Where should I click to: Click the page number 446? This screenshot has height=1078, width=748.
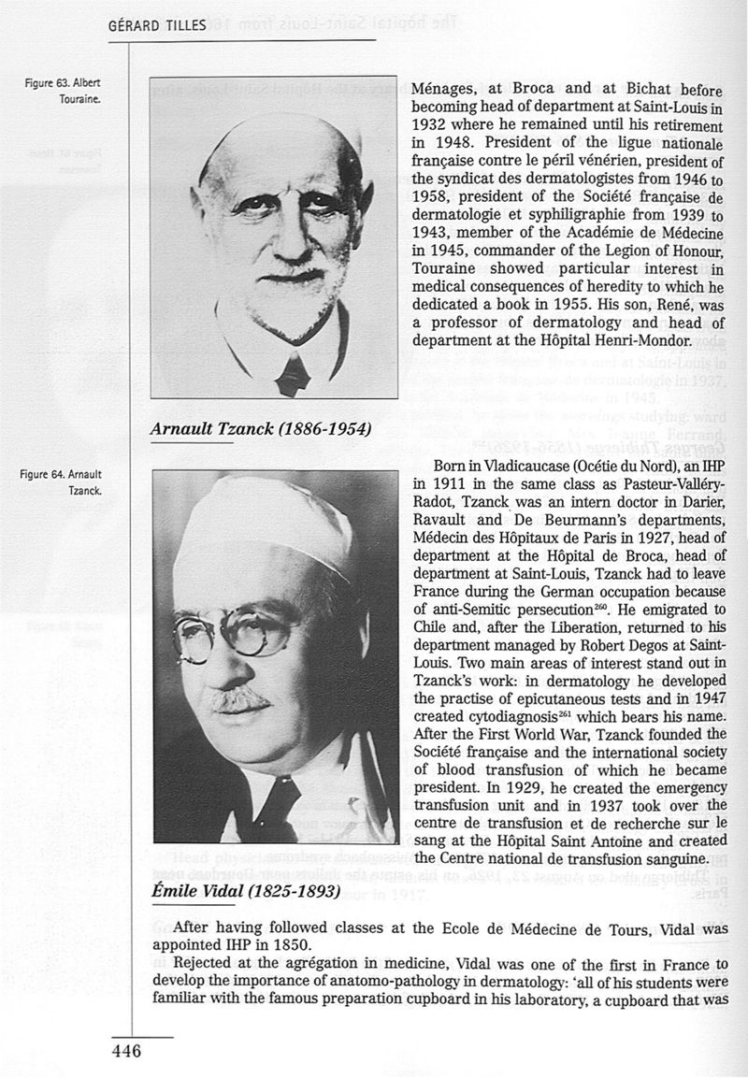(124, 1052)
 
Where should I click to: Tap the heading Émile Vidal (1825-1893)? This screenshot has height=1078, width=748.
(245, 890)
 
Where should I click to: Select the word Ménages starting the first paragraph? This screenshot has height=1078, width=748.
(446, 89)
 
